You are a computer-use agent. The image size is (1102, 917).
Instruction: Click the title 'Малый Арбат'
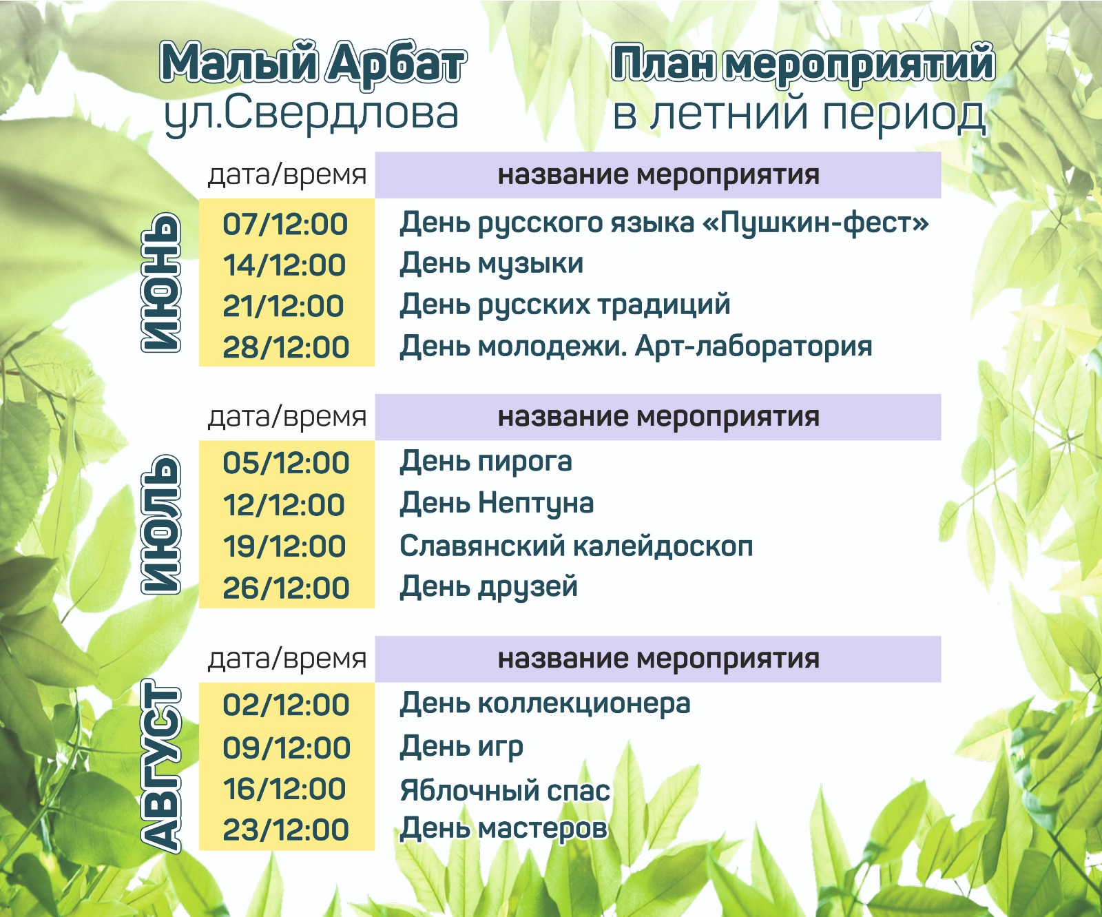(313, 64)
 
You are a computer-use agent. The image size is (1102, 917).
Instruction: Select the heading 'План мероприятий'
(803, 64)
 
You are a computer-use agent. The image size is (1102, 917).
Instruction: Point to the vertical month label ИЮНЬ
(161, 282)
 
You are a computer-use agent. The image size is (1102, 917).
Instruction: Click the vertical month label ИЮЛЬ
(161, 524)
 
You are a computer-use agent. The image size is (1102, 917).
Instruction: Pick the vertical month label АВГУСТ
(161, 766)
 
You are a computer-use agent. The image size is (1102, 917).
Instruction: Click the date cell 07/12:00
(285, 225)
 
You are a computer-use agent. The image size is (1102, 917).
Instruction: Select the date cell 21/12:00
(283, 306)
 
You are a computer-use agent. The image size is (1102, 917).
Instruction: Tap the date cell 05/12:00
(286, 463)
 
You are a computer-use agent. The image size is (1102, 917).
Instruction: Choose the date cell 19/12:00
(284, 546)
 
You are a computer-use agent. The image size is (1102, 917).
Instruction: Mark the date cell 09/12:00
(287, 748)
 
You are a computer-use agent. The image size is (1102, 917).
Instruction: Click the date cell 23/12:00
(286, 830)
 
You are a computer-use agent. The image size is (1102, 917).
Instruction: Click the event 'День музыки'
(492, 264)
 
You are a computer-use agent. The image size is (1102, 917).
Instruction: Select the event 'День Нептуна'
(497, 504)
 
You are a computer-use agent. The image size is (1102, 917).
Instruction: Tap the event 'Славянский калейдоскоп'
(576, 546)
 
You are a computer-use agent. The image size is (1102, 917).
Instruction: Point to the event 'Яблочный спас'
(505, 790)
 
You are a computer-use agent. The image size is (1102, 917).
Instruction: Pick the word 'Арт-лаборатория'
(753, 347)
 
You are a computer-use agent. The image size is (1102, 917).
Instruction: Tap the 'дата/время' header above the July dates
(287, 417)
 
